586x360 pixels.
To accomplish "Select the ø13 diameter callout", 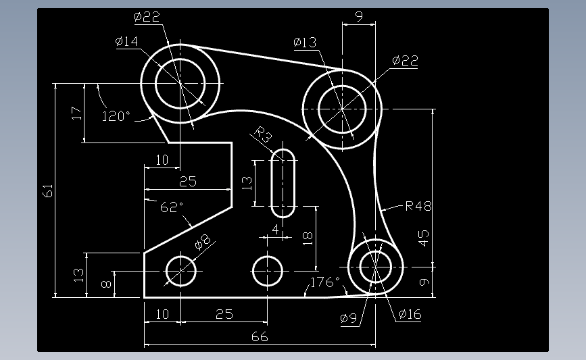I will coord(305,43).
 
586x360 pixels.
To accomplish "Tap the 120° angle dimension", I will coord(116,116).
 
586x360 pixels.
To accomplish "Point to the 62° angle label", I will coord(172,207).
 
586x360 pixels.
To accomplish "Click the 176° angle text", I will coord(325,282).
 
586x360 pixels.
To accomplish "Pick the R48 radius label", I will coord(418,206).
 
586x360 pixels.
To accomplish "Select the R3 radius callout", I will coord(263,135).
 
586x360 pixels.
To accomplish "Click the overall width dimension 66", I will coord(260,336).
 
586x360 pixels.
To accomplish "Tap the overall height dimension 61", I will coord(48,190).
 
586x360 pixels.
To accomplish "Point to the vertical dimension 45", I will coord(424,238).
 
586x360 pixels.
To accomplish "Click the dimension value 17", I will coord(76,113).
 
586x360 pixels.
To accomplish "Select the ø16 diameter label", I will coord(410,314).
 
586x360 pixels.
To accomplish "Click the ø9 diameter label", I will coord(349,317).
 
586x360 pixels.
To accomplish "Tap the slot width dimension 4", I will coord(274,230).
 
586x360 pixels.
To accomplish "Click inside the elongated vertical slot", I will coord(283,182).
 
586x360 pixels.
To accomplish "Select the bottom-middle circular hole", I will coord(268,272).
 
